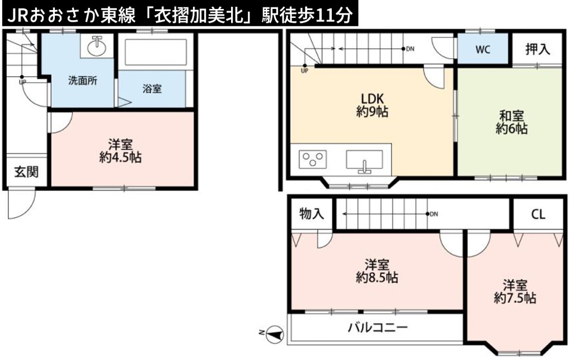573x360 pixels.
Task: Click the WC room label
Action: [x=483, y=50]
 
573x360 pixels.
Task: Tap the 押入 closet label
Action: [x=538, y=49]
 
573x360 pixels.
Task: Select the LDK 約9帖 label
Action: [x=372, y=105]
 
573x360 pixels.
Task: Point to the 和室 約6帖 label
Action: [x=511, y=122]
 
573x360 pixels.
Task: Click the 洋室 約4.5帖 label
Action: [x=121, y=151]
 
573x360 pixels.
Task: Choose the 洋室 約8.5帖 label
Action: [x=377, y=271]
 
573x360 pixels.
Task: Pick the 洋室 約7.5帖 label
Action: [x=515, y=291]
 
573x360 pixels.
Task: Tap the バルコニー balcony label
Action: [x=378, y=327]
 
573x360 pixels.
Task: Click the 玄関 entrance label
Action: [x=26, y=171]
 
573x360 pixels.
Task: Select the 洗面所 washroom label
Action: [x=83, y=81]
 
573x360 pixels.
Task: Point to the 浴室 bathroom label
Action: [x=152, y=89]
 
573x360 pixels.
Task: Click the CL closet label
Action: [x=538, y=214]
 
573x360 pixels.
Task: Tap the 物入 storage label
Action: [x=311, y=213]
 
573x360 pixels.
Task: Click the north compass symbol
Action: [x=275, y=334]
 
